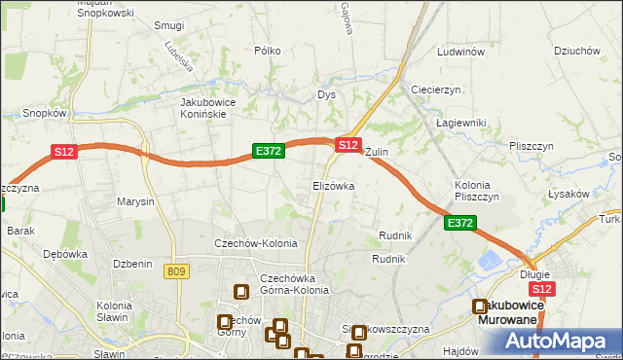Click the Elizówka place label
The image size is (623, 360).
pyautogui.click(x=333, y=185)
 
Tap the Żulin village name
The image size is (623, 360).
pyautogui.click(x=377, y=153)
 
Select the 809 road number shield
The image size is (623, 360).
pyautogui.click(x=176, y=271)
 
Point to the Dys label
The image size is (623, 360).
pyautogui.click(x=326, y=95)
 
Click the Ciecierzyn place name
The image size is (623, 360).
pyautogui.click(x=435, y=90)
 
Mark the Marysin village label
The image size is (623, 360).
pyautogui.click(x=135, y=202)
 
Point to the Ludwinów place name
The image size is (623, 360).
pyautogui.click(x=461, y=52)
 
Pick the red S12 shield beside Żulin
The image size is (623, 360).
pyautogui.click(x=348, y=144)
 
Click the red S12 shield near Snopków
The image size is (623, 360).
pyautogui.click(x=63, y=152)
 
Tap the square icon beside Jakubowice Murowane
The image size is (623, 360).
pyautogui.click(x=480, y=307)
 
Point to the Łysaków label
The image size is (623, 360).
pyautogui.click(x=568, y=194)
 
